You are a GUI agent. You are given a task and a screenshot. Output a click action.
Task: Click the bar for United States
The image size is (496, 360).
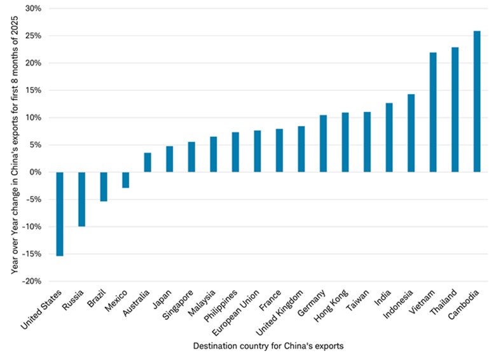pyautogui.click(x=60, y=214)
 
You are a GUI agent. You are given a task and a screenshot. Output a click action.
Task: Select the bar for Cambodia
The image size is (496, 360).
pyautogui.click(x=477, y=101)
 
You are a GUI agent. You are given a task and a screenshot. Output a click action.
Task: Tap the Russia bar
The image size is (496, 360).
pyautogui.click(x=81, y=199)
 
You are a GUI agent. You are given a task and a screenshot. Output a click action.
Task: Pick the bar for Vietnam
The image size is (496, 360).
pyautogui.click(x=433, y=112)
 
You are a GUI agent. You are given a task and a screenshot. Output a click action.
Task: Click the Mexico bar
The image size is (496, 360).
pyautogui.click(x=125, y=180)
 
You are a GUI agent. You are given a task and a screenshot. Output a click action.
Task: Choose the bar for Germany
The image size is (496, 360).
pyautogui.click(x=323, y=143)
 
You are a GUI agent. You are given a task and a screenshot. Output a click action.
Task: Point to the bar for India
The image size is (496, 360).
pyautogui.click(x=389, y=137)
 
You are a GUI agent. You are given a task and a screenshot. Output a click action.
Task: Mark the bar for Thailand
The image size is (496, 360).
pyautogui.click(x=455, y=109)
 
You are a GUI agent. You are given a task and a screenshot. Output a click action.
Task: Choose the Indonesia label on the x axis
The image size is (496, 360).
pyautogui.click(x=401, y=304)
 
